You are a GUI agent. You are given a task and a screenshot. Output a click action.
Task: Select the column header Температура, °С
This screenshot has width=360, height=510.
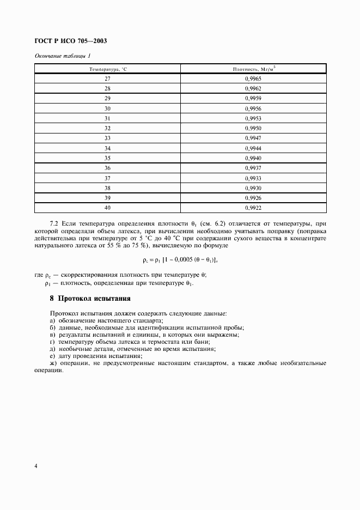click(108, 69)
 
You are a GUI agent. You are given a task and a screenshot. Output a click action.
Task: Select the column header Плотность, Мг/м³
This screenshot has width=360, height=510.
click(253, 69)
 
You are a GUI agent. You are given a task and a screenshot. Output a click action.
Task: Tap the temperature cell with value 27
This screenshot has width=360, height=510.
click(108, 79)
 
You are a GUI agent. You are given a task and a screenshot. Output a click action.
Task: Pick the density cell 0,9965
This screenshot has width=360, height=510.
click(253, 79)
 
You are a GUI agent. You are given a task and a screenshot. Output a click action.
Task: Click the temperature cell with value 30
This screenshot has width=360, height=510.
click(108, 108)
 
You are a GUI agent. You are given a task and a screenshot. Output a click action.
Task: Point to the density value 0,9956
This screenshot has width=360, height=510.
click(253, 108)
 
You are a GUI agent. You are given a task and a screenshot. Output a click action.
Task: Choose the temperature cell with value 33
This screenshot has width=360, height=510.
click(108, 138)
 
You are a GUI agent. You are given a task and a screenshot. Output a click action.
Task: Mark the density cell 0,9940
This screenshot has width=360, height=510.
click(253, 158)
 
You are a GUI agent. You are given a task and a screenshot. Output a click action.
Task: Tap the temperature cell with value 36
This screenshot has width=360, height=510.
click(108, 168)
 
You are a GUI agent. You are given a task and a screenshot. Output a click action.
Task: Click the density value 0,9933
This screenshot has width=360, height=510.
click(253, 178)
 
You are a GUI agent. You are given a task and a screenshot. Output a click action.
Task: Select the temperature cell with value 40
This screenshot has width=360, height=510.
click(108, 208)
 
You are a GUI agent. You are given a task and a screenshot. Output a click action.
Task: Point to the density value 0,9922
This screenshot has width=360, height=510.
click(253, 208)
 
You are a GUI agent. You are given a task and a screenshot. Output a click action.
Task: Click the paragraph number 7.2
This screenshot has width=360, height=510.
click(54, 224)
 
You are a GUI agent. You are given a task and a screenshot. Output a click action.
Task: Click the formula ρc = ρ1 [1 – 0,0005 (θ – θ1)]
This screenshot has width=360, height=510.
click(180, 259)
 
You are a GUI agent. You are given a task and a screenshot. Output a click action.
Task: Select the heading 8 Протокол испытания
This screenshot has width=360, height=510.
click(90, 299)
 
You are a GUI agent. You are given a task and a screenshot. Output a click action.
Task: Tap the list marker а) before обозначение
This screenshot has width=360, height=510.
click(52, 321)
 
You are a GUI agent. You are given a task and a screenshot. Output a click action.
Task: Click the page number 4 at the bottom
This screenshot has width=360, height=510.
click(36, 466)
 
